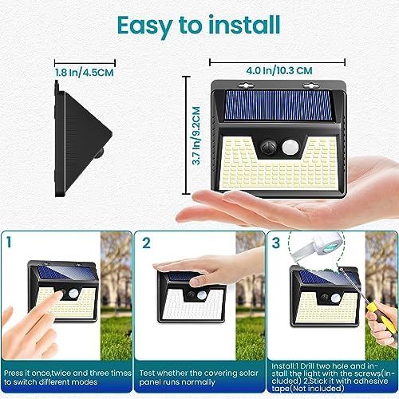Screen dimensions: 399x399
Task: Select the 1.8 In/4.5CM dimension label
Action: tap(85, 73)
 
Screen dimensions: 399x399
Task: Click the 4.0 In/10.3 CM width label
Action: tap(279, 71)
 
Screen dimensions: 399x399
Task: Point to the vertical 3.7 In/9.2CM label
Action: tap(196, 136)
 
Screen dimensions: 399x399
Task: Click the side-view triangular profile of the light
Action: tap(83, 139)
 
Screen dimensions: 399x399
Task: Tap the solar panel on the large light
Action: tap(279, 105)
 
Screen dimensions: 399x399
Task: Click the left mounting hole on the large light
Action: tap(246, 85)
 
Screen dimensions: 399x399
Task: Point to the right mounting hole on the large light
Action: tap(311, 85)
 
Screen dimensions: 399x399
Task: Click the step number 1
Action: tap(10, 242)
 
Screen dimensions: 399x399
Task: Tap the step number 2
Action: tap(146, 243)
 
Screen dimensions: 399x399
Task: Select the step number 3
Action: tap(276, 243)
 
